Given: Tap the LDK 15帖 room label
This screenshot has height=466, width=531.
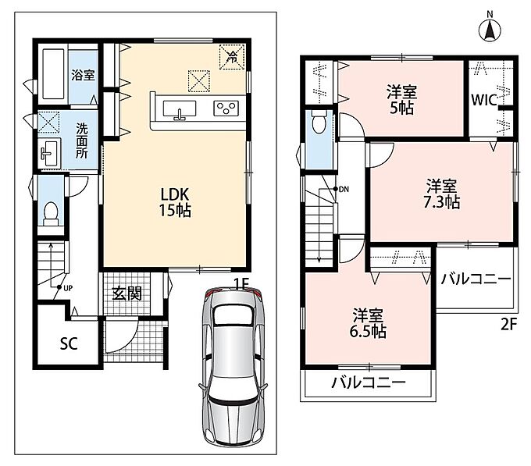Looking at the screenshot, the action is (175, 202).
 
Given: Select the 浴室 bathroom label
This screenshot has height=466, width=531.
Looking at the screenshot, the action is (83, 75).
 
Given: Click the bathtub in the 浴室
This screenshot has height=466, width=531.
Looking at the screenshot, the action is (53, 74).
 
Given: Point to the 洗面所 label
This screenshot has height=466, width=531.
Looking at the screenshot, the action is (81, 141).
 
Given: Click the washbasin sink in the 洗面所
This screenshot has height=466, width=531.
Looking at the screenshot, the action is (48, 152).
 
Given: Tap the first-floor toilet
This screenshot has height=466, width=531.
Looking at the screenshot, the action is (51, 214).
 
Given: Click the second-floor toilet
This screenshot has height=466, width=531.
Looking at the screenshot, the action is (319, 122).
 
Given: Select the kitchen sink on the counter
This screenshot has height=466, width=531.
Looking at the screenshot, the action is (179, 110).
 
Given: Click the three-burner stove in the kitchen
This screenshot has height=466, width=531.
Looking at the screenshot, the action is (226, 108).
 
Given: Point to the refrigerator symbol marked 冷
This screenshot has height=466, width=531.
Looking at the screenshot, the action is (232, 57).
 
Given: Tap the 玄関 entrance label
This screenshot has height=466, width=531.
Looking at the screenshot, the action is (127, 293).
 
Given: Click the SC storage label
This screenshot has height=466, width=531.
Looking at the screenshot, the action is (69, 343).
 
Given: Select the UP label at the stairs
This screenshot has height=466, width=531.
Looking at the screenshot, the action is (69, 288).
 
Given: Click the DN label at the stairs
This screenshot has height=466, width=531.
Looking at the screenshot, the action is (344, 189).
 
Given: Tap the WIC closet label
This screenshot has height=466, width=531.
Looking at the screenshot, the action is (484, 100).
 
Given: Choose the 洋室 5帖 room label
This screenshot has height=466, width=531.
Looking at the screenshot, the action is (401, 100).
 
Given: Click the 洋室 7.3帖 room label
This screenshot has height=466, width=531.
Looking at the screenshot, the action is (442, 194).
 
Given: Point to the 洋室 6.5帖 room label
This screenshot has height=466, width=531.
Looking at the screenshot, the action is (368, 323).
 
